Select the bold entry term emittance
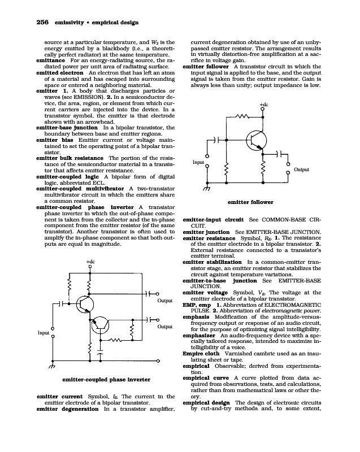tap(52, 59)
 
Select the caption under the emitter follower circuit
tap(250, 202)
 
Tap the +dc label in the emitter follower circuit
tap(263, 105)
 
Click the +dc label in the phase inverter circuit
tap(90, 262)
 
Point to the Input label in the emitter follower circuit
tap(198, 162)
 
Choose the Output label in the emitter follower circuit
tap(302, 169)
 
